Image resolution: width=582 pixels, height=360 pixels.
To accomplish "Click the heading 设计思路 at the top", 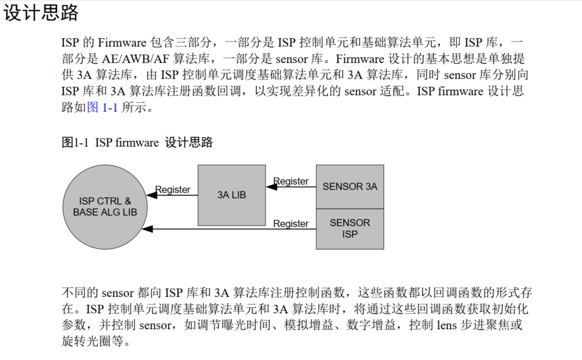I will tap(41, 13).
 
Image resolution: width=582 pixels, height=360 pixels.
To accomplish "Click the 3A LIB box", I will tap(231, 195).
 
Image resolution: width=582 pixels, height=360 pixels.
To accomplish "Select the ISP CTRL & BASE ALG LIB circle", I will tap(105, 206).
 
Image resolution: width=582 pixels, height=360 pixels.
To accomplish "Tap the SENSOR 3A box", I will tap(349, 186).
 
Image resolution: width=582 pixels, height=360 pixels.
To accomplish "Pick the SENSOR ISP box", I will tap(349, 228).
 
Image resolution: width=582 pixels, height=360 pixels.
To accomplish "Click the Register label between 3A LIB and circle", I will tap(172, 190).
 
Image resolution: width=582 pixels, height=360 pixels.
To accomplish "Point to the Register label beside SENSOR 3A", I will tap(291, 181).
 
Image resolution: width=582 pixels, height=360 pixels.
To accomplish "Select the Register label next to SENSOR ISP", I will tap(291, 223).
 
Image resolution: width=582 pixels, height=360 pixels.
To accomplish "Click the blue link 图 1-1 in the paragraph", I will tap(103, 107).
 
